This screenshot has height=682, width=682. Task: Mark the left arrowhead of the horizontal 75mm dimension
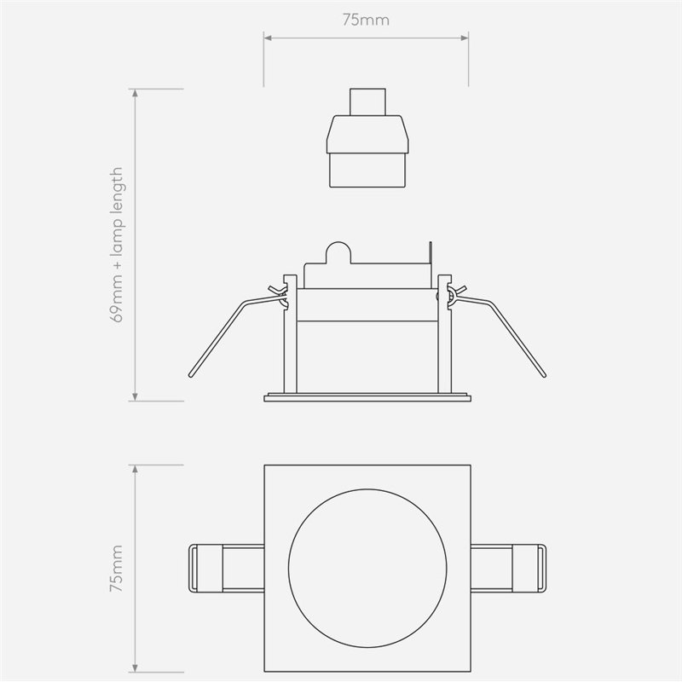click(266, 38)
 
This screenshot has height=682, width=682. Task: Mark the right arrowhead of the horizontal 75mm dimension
click(465, 38)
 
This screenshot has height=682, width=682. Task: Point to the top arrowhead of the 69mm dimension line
click(135, 90)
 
